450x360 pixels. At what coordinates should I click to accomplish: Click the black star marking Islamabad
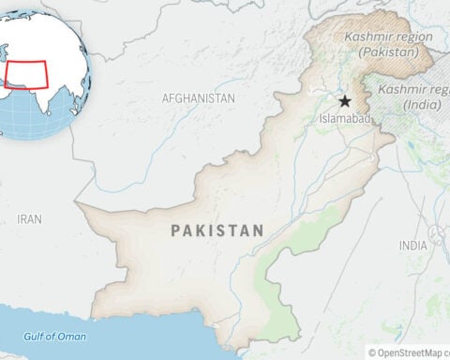pos(345,101)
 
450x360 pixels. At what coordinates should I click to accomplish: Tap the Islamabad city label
pos(345,119)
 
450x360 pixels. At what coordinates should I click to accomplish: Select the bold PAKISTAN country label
pos(217,230)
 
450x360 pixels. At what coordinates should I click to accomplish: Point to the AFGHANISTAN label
pos(198,97)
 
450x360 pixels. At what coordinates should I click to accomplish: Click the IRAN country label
pos(29,218)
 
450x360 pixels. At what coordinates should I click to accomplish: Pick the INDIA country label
pos(412,245)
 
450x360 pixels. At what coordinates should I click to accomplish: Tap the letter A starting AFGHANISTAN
pos(165,97)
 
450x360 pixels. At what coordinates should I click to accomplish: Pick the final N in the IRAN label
pos(38,218)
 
